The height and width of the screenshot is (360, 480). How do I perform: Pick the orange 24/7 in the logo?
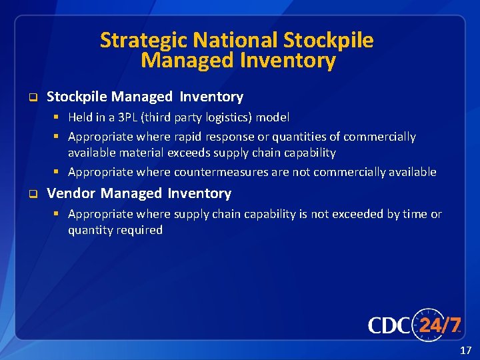click(x=440, y=325)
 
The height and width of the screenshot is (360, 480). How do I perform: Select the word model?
click(x=274, y=117)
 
